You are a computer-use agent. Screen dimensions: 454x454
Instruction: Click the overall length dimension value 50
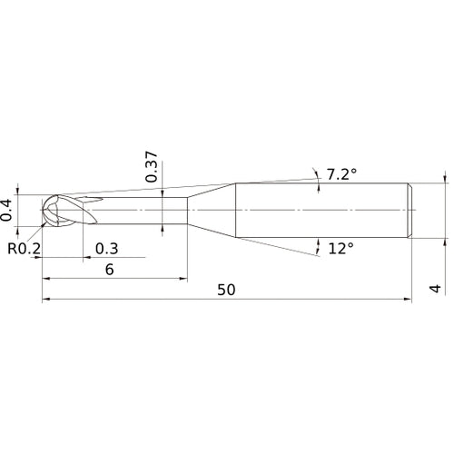[x=227, y=290]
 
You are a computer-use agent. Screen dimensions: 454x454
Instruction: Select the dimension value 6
[x=110, y=270]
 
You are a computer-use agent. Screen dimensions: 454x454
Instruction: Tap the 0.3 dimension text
[x=106, y=249]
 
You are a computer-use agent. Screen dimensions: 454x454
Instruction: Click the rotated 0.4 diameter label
[x=8, y=210]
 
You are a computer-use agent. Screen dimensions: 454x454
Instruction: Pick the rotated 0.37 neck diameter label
[x=153, y=167]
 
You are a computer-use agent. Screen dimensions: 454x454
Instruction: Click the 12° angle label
[x=339, y=247]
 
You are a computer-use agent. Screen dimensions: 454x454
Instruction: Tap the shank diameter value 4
[x=436, y=290]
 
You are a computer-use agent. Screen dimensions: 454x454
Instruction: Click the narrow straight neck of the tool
[x=145, y=211]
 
